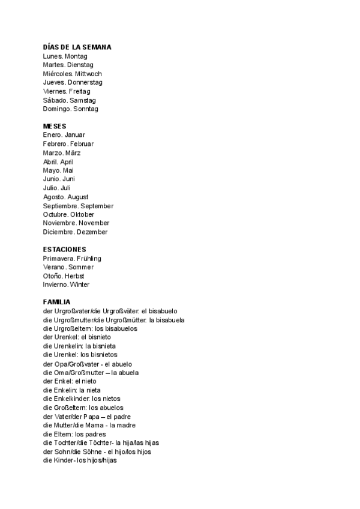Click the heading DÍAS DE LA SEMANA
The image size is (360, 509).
pos(77,47)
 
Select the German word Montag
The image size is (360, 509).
pos(76,56)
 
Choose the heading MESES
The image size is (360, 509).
pos(55,126)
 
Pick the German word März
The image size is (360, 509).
pos(73,152)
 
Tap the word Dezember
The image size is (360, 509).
pos(93,232)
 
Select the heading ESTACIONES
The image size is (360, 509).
pos(65,249)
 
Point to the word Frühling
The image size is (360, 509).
pos(89,258)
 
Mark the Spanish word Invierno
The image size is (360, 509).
pos(55,285)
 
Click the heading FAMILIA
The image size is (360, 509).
pos(57,302)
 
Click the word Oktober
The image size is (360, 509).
pos(82,214)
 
